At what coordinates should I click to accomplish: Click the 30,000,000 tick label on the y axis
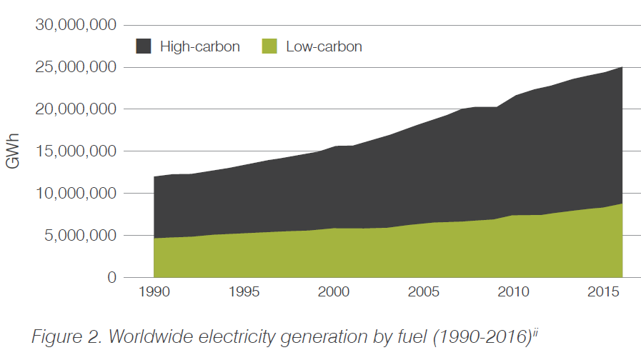[75, 26]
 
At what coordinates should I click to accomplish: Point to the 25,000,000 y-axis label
[75, 67]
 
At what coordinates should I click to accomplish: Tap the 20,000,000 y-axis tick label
[75, 109]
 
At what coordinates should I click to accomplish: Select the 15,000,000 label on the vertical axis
[75, 151]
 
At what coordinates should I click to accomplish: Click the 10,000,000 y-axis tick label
[75, 194]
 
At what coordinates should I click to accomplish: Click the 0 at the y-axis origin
[111, 277]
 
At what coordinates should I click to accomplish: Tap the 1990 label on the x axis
[154, 294]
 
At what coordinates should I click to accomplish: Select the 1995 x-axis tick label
[244, 294]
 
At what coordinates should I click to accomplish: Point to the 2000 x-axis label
[333, 294]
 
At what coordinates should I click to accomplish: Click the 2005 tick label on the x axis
[423, 294]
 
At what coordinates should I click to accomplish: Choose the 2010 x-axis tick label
[512, 294]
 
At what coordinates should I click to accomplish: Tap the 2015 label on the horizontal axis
[602, 294]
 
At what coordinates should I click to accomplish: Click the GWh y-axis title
[13, 151]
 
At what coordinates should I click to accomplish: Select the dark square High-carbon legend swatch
[144, 47]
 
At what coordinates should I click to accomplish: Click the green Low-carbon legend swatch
[269, 47]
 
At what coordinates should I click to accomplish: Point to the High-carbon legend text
[199, 47]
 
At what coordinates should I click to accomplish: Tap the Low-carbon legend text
[324, 47]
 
